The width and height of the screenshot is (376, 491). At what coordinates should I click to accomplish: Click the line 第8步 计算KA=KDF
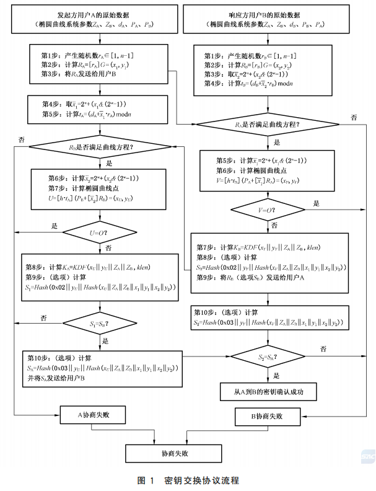point(99,267)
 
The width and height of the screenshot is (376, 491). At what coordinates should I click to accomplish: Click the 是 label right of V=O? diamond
point(317,203)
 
